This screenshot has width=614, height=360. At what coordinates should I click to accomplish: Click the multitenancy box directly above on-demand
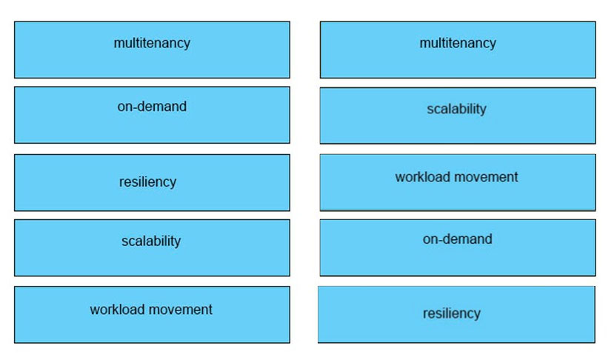152,50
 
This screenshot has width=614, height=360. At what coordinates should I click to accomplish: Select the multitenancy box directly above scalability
458,50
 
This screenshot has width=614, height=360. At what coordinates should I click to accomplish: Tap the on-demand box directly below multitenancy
152,115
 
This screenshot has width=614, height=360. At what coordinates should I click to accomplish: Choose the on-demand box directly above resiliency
458,247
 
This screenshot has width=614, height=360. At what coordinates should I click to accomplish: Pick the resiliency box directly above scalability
152,182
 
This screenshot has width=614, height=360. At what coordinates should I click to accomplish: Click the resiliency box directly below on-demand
456,315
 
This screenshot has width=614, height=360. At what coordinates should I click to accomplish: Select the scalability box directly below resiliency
152,247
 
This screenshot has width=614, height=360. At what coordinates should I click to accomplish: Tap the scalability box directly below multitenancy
458,116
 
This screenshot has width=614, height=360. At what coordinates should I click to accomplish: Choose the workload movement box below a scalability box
152,315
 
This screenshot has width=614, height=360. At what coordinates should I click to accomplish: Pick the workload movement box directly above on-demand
458,182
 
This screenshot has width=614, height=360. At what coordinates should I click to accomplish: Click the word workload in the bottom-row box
118,310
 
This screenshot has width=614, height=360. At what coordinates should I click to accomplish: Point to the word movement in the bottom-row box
181,310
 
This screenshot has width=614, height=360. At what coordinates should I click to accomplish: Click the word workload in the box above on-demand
422,177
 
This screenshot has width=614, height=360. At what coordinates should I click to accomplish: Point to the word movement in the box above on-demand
486,177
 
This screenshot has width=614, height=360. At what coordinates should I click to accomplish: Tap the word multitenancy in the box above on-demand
152,43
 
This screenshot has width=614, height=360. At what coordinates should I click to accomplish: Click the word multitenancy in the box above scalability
458,43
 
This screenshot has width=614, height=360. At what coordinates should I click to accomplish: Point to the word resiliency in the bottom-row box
452,313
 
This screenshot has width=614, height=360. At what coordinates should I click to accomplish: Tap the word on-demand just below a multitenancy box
152,107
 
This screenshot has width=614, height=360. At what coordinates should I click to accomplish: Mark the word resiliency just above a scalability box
147,182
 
